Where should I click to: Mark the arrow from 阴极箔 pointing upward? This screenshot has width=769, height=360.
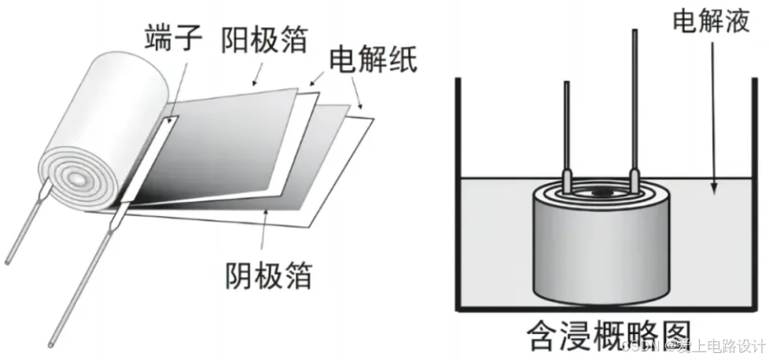click(x=265, y=233)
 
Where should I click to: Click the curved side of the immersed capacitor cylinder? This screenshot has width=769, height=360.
click(x=602, y=252)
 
